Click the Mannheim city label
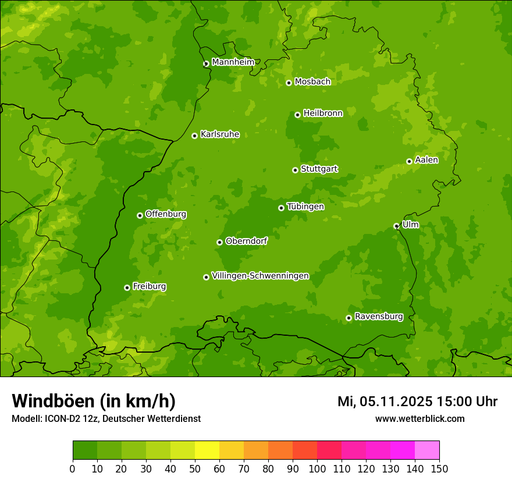pyautogui.click(x=233, y=62)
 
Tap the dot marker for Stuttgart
pyautogui.click(x=295, y=170)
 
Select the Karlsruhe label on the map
pyautogui.click(x=219, y=134)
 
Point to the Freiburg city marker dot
pyautogui.click(x=127, y=287)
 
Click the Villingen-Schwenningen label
pyautogui.click(x=260, y=276)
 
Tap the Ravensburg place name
pyautogui.click(x=378, y=317)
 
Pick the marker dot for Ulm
pyautogui.click(x=396, y=226)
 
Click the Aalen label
pyautogui.click(x=426, y=160)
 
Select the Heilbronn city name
pyautogui.click(x=323, y=113)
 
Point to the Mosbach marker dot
pyautogui.click(x=289, y=83)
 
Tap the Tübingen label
pyautogui.click(x=305, y=207)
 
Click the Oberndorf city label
pyautogui.click(x=246, y=241)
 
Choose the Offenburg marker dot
pyautogui.click(x=140, y=215)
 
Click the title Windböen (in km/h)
pyautogui.click(x=93, y=401)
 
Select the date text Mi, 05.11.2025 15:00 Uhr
pyautogui.click(x=417, y=402)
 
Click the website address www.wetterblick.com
pyautogui.click(x=419, y=418)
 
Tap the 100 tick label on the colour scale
pyautogui.click(x=317, y=468)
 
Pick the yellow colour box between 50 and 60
pyautogui.click(x=207, y=450)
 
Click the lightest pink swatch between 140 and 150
pyautogui.click(x=427, y=450)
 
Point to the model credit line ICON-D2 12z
pyautogui.click(x=106, y=418)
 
